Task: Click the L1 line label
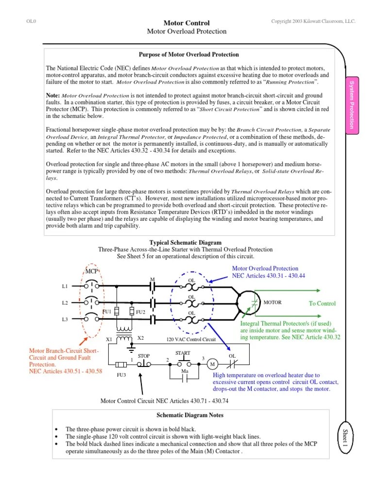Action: point(65,286)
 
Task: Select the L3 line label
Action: point(65,319)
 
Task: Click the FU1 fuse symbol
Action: point(117,311)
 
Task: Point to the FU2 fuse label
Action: point(141,311)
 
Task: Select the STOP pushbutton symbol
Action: point(144,363)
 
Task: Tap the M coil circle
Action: point(212,364)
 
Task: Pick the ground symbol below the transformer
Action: point(131,348)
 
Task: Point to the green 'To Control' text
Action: point(322,303)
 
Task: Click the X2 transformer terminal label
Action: point(141,338)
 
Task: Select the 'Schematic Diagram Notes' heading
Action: point(190,415)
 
